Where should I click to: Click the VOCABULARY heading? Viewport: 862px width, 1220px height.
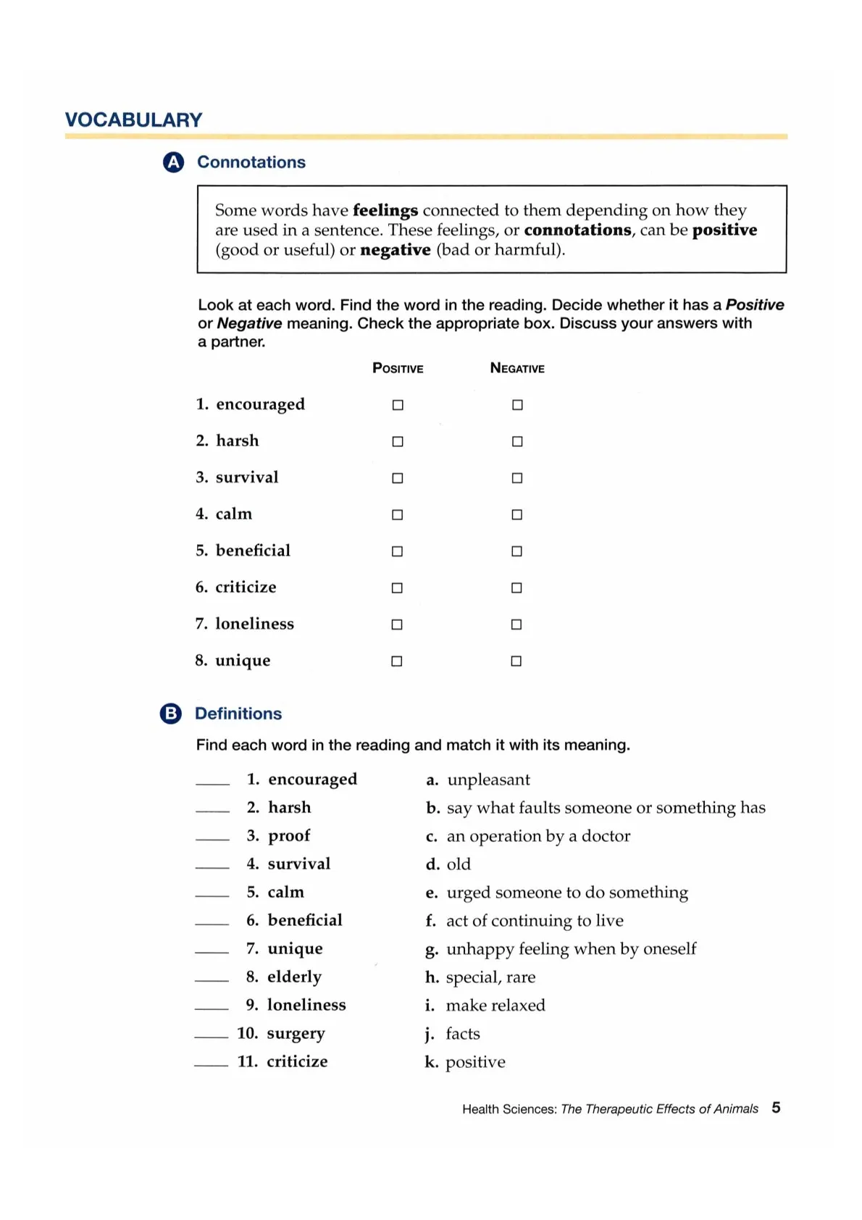[133, 120]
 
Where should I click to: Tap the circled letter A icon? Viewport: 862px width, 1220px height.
[173, 162]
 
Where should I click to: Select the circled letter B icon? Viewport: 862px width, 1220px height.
[170, 714]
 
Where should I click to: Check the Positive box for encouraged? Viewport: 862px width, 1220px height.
[398, 405]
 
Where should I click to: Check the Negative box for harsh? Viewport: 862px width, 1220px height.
[517, 441]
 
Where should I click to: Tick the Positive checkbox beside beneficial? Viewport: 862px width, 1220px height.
[397, 551]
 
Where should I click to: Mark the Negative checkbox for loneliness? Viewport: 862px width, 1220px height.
[516, 624]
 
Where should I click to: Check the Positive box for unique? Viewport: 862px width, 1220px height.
[397, 661]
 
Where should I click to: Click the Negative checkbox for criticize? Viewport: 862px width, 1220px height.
[516, 588]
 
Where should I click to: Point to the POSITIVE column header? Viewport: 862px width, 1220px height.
[398, 368]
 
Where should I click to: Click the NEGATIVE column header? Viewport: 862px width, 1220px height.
[517, 368]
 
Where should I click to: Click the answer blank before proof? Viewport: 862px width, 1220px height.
[212, 838]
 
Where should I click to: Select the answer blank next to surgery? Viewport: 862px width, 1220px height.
[212, 1036]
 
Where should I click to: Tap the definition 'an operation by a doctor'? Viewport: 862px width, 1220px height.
[538, 836]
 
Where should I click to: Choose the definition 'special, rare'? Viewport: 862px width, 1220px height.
[490, 977]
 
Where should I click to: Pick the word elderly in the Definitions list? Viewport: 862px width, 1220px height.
[294, 977]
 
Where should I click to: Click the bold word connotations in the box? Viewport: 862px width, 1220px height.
[577, 230]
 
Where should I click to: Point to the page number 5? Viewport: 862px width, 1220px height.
[776, 1108]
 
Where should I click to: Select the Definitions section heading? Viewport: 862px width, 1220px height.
[238, 714]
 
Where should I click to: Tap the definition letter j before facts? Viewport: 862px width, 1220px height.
[430, 1034]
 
